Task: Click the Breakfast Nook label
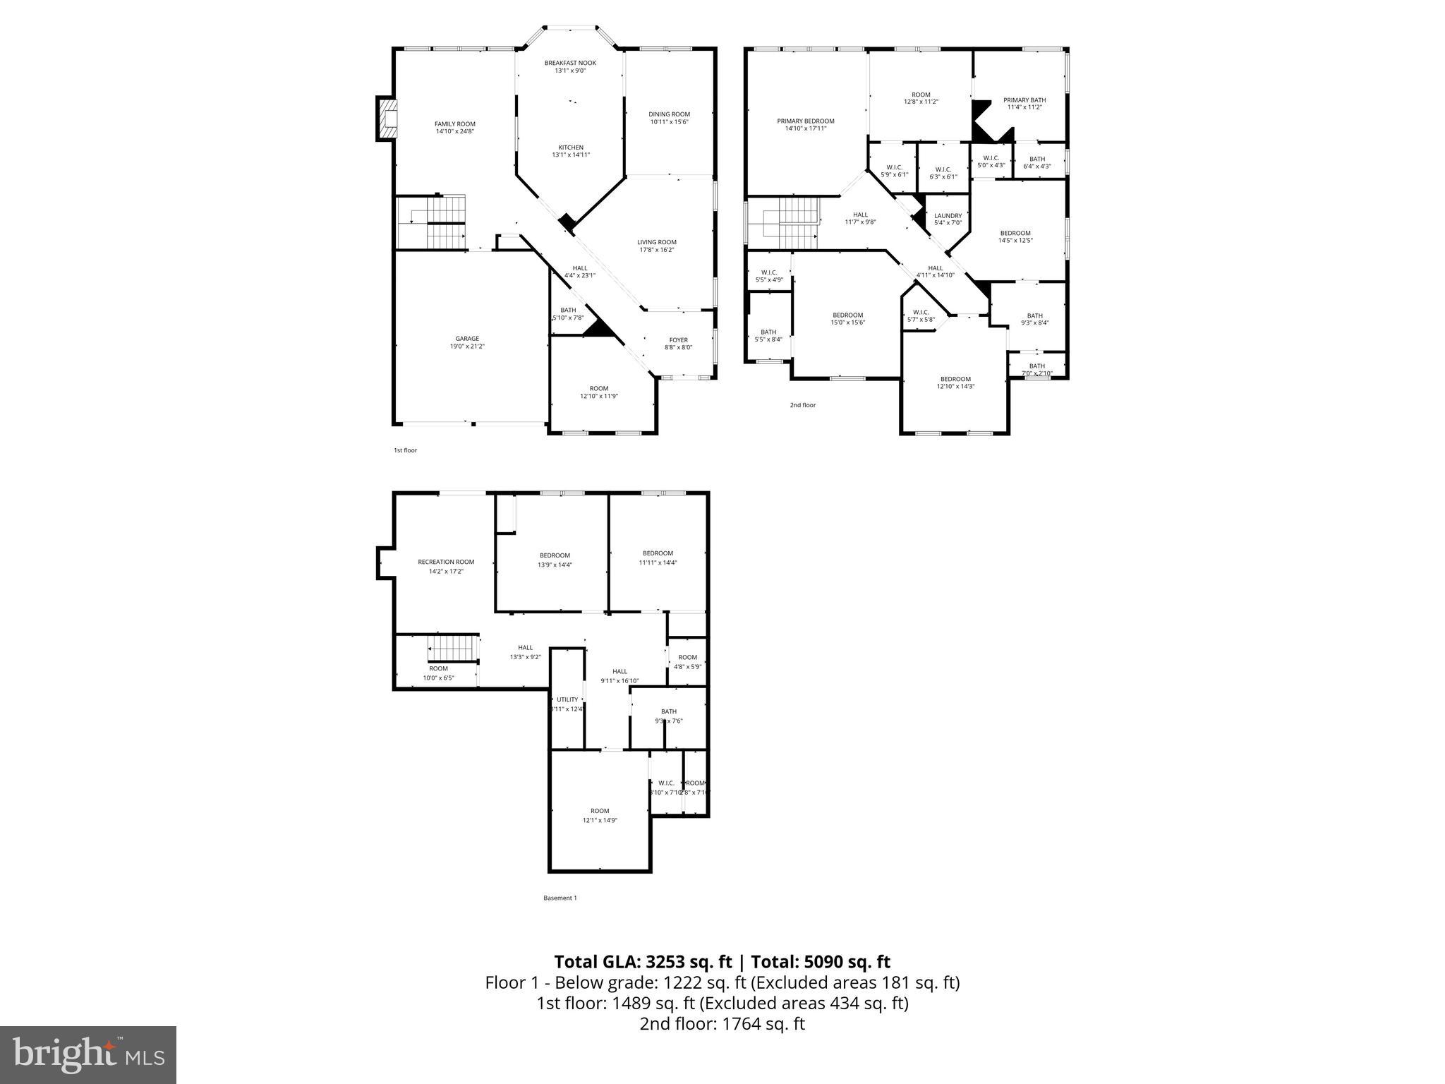coord(570,63)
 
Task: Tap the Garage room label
coord(467,339)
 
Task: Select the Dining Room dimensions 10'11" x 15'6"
coord(669,122)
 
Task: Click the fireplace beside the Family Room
coord(387,119)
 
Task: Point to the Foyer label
coord(678,340)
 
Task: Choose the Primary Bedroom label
coord(806,121)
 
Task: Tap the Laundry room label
coord(948,216)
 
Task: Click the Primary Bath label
coord(1024,100)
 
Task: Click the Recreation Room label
coord(446,562)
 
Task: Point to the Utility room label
coord(567,699)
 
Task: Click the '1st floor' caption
coord(405,450)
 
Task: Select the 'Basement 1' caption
coord(560,898)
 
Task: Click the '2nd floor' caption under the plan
coord(802,405)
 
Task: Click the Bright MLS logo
coord(88,1055)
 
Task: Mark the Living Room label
coord(657,242)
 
